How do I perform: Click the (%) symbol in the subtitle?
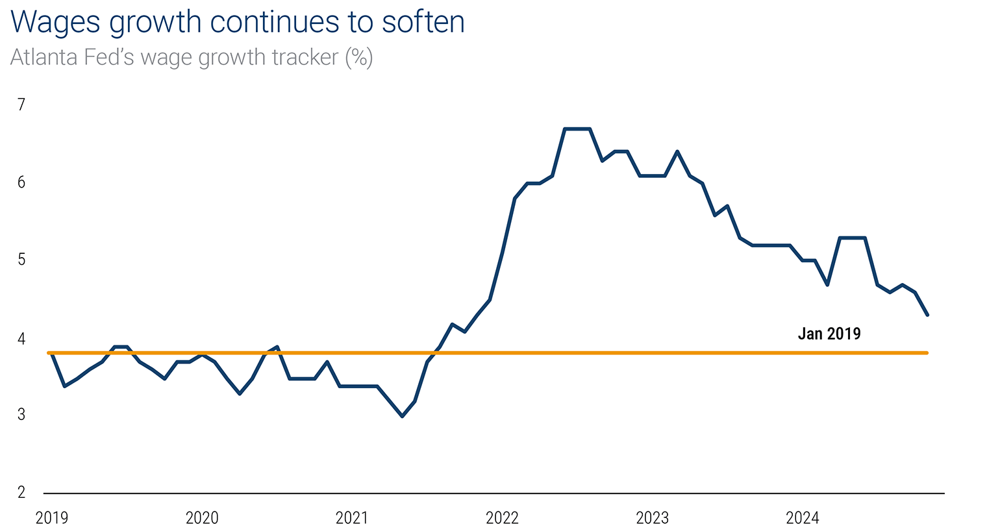358,58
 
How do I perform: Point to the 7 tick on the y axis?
21,105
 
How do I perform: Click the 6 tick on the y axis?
21,182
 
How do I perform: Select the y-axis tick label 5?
21,260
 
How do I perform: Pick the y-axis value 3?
21,414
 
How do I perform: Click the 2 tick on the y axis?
21,492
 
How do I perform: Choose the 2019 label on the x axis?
52,518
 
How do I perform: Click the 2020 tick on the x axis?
202,518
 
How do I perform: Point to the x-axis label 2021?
352,518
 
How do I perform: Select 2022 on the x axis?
503,518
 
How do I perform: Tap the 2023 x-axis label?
653,518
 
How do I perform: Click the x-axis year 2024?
803,518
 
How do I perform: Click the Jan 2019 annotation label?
829,334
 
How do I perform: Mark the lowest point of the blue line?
402,416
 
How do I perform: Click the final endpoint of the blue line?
927,315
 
